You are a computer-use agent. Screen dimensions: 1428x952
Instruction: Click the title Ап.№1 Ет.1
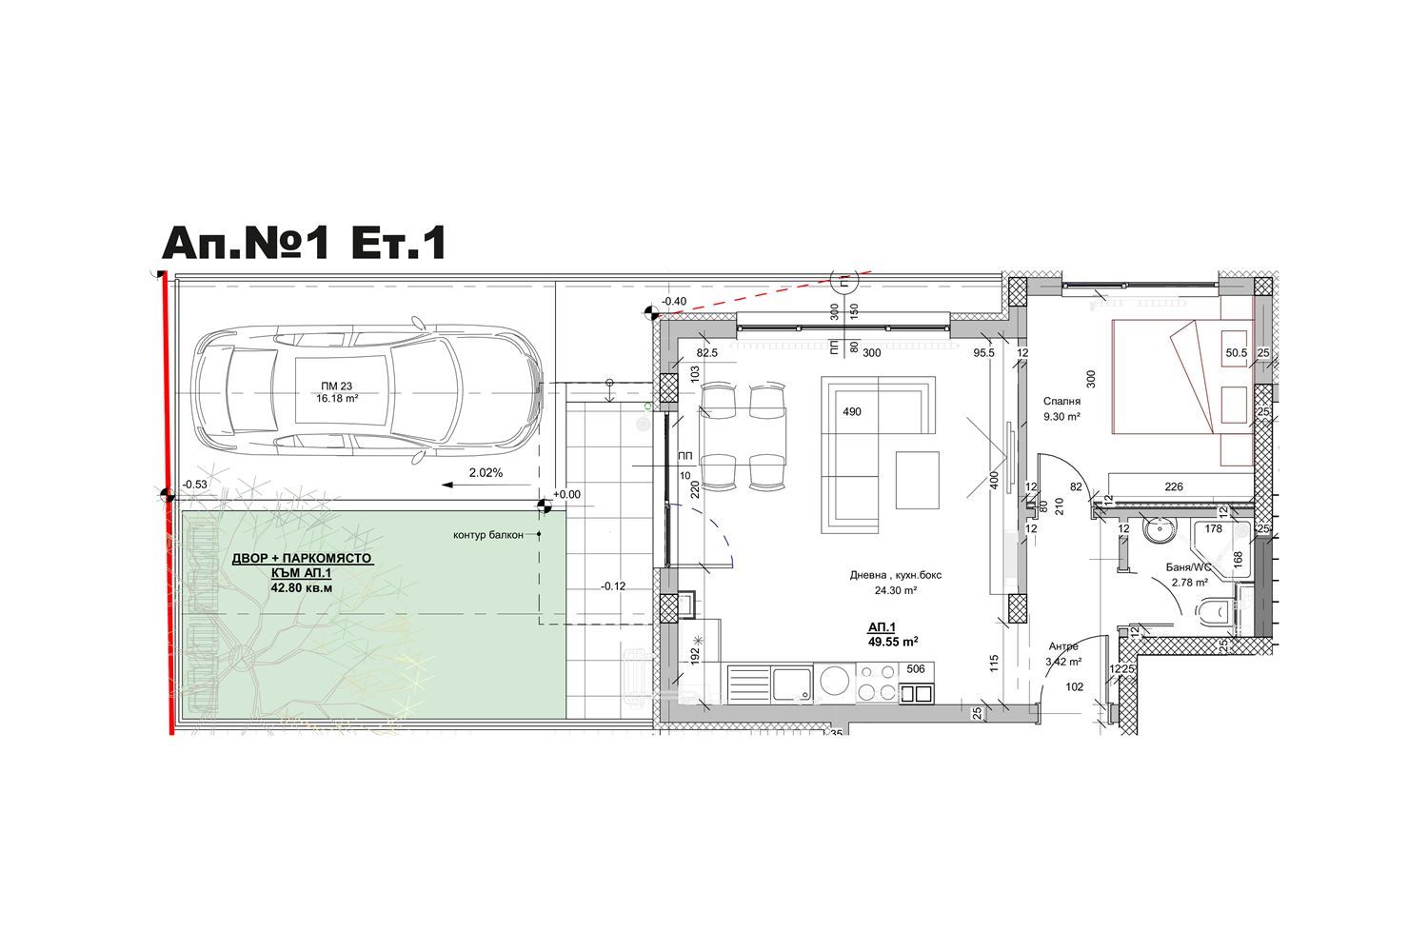[304, 244]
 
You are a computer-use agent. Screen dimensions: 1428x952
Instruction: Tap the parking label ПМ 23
[337, 386]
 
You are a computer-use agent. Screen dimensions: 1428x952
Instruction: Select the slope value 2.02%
[486, 473]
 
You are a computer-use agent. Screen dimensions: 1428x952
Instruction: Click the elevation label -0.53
[194, 485]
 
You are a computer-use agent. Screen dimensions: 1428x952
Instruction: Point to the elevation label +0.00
[566, 494]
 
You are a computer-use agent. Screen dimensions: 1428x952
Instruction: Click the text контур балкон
[487, 535]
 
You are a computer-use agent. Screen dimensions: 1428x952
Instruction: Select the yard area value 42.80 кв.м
[302, 588]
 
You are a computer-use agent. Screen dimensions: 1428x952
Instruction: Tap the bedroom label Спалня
[1061, 402]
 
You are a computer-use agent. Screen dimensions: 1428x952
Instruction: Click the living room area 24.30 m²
[895, 590]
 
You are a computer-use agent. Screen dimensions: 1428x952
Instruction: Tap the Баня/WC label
[1188, 567]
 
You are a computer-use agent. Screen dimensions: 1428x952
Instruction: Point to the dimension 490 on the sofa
[852, 412]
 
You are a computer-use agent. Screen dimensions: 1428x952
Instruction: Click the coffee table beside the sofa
[917, 480]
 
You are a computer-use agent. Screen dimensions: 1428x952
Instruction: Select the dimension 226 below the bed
[1174, 486]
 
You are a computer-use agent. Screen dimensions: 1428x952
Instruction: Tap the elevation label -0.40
[674, 302]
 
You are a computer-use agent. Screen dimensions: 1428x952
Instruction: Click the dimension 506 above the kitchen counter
[916, 669]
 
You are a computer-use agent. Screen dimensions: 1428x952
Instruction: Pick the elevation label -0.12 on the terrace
[613, 586]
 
